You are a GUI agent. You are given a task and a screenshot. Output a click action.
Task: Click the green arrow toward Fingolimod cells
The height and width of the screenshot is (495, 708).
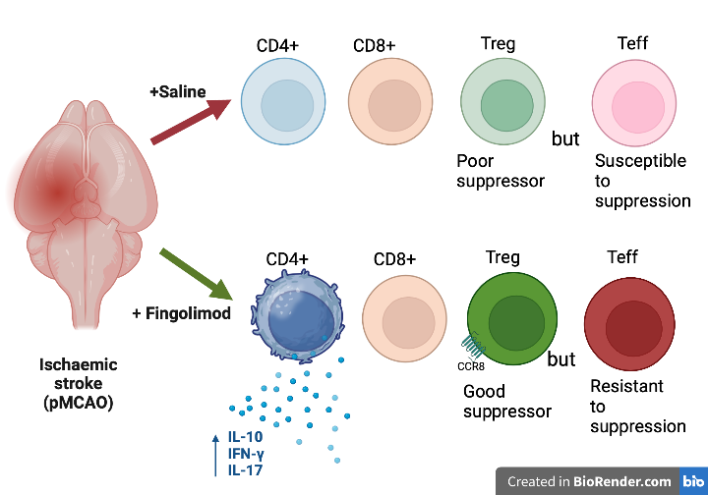197,274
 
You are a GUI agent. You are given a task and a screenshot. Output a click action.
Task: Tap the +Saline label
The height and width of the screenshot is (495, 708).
178,91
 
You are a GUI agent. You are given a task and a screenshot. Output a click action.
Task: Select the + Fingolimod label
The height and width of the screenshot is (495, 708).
182,313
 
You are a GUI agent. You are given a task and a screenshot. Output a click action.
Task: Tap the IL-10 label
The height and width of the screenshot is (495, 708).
246,436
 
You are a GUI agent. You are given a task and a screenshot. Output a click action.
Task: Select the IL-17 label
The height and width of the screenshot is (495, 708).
246,469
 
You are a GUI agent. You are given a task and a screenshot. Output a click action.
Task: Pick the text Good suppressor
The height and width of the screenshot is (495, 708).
507,402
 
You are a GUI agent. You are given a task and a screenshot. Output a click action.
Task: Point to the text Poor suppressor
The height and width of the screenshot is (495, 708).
501,171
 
